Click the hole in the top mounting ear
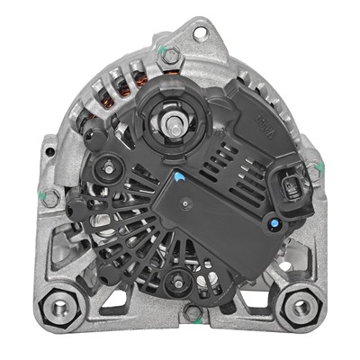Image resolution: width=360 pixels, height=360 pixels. [x=196, y=31]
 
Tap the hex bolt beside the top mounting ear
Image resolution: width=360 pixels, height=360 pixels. [x=168, y=56]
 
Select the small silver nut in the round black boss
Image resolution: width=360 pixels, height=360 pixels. [x=109, y=166]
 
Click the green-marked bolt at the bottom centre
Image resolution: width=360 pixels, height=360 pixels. [x=193, y=312]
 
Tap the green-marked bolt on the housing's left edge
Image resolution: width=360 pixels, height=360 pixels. [x=51, y=196]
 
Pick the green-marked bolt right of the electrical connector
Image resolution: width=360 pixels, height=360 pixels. [x=312, y=168]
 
